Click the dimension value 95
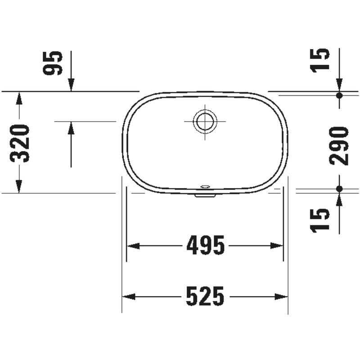point(53,63)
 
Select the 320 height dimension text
point(20,143)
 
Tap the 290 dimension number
point(339,146)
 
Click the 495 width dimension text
point(205,246)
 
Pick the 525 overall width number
point(205,296)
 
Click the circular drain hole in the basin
point(205,121)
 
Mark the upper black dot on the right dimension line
point(339,95)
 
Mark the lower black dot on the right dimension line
point(339,189)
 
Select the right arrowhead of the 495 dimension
point(277,246)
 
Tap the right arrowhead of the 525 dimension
point(282,296)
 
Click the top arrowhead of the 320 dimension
point(18,98)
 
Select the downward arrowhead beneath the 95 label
point(71,85)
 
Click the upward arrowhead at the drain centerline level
point(71,128)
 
